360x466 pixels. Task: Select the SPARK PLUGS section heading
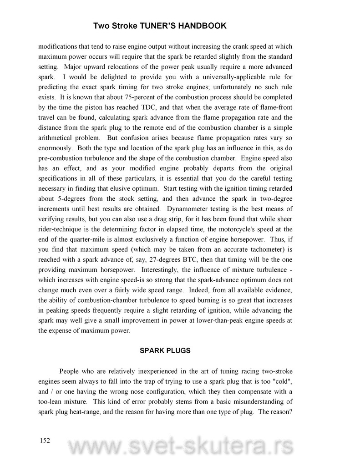tap(164, 351)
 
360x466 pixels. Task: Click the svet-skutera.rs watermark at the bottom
tap(180, 448)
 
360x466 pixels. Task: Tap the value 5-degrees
tap(68, 198)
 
